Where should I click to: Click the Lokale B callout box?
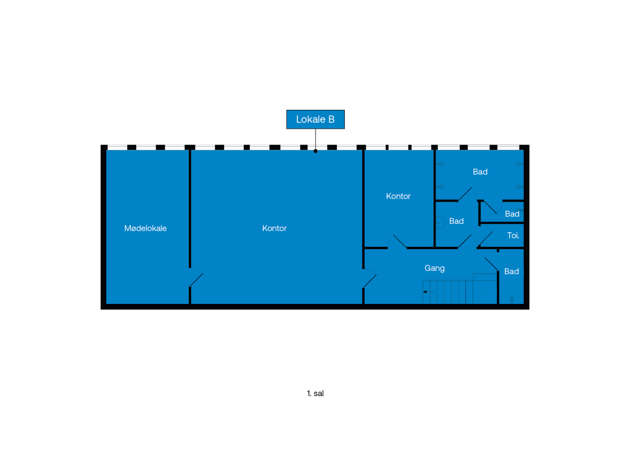[315, 119]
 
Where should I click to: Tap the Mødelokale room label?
[145, 228]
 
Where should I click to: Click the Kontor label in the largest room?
[274, 228]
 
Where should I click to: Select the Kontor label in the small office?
[398, 196]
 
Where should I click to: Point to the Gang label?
[434, 268]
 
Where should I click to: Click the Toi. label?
[513, 235]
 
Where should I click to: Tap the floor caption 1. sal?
[315, 393]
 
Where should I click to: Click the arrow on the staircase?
[426, 292]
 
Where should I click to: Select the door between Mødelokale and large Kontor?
[196, 278]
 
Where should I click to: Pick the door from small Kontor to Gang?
[398, 241]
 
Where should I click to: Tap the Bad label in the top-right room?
[480, 172]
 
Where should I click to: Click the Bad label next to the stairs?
[511, 271]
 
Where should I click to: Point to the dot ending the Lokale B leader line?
[315, 151]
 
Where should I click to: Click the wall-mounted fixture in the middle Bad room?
[440, 222]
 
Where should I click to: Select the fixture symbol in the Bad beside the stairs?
[511, 299]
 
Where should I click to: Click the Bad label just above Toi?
[512, 214]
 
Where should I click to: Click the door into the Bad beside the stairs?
[492, 264]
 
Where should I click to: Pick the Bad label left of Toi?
[456, 221]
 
